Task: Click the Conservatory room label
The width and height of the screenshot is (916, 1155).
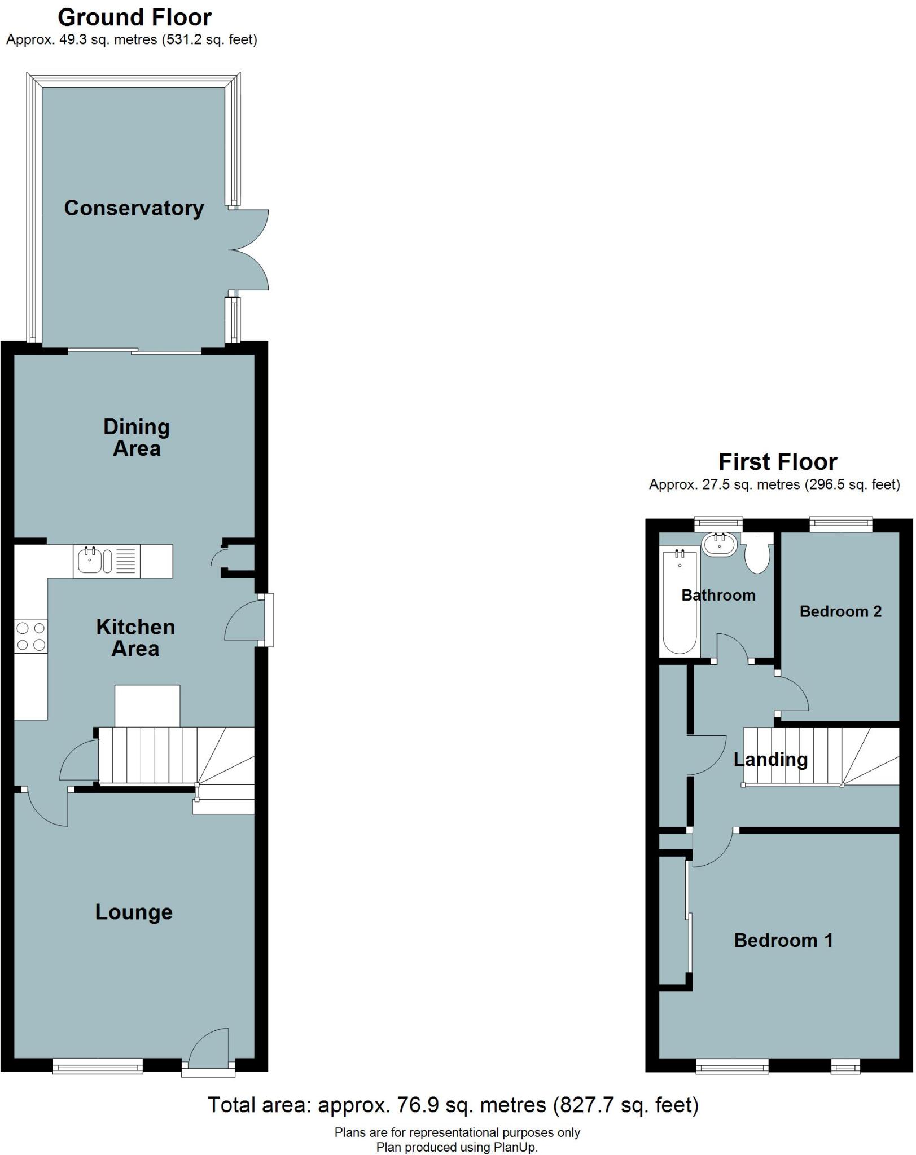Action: click(x=134, y=208)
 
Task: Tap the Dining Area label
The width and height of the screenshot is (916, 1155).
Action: click(x=137, y=438)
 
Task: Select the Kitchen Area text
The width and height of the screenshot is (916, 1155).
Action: click(x=135, y=638)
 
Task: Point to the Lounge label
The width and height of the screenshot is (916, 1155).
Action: click(x=134, y=912)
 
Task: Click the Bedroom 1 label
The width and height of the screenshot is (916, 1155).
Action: click(x=783, y=940)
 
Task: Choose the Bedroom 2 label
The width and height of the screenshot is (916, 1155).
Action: click(x=840, y=611)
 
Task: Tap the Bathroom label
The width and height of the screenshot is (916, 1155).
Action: click(x=718, y=595)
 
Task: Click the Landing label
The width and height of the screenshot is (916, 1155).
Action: click(x=770, y=760)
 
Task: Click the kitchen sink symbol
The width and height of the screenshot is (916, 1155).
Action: click(x=90, y=561)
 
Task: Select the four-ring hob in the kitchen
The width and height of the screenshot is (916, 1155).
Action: click(x=31, y=636)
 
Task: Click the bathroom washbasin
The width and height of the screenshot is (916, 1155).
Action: click(x=720, y=544)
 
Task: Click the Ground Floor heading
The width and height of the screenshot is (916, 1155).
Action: click(x=134, y=18)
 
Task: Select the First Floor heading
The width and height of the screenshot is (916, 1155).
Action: click(x=778, y=462)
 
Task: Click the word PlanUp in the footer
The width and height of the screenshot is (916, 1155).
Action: click(x=515, y=1147)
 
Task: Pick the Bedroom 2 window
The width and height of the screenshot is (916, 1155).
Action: click(x=841, y=524)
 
